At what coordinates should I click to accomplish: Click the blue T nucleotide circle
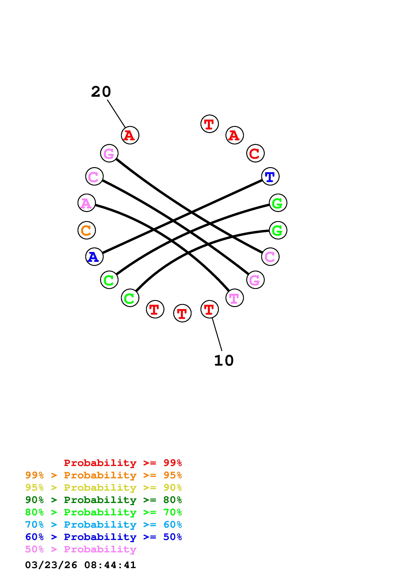(270, 176)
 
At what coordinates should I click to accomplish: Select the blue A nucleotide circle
(94, 257)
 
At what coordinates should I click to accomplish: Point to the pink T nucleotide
(235, 298)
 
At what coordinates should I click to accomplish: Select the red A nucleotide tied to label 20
(130, 135)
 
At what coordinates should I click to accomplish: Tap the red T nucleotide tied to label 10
(209, 309)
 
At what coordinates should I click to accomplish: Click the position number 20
(101, 92)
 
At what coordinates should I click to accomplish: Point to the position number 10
(224, 361)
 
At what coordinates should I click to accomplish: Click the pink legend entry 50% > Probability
(81, 549)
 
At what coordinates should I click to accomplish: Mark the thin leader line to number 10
(217, 334)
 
